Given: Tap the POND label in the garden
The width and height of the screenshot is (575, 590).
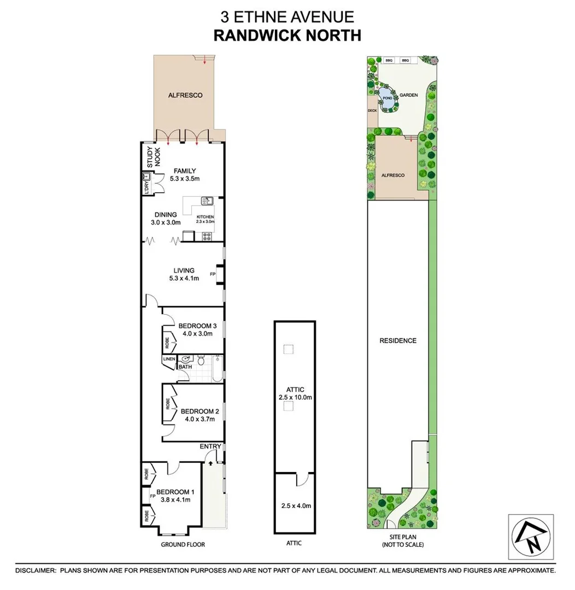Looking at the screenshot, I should click(387, 98).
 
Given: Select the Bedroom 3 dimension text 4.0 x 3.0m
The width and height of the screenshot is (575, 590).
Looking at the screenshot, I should click(195, 333).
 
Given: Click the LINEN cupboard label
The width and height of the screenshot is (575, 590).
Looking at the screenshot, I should click(169, 359).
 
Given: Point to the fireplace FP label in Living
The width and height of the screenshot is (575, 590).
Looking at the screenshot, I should click(213, 274).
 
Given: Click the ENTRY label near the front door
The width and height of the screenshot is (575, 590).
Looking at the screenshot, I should click(210, 446).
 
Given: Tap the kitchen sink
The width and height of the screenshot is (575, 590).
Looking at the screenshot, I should click(207, 202).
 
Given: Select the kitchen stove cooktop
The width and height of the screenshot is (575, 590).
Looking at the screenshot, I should click(208, 237).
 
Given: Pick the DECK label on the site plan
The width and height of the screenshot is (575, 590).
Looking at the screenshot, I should click(372, 110).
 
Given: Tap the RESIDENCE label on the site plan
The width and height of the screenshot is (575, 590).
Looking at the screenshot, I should click(398, 340).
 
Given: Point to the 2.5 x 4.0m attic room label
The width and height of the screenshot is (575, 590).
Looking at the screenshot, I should click(295, 505).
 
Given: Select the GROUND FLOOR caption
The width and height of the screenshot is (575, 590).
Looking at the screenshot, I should click(183, 545).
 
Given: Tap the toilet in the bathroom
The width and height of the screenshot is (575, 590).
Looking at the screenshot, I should click(201, 361).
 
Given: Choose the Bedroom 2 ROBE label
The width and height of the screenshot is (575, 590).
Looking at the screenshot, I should click(167, 405).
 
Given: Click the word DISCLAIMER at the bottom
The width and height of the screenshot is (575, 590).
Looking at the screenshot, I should click(36, 570).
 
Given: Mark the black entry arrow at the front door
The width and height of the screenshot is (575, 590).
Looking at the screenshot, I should click(210, 463).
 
